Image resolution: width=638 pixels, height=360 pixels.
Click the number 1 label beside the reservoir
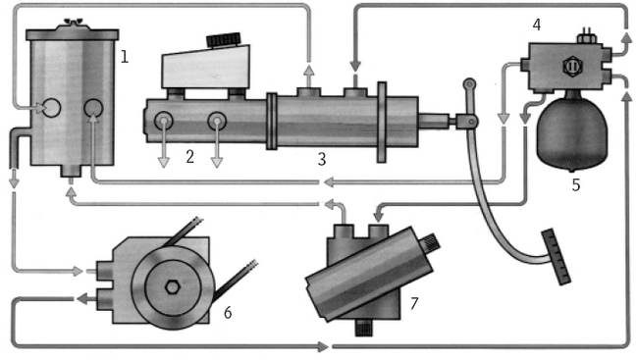point(125,56)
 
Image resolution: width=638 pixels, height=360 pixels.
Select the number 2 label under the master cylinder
point(189,157)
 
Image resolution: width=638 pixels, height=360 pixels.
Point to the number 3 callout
point(322,159)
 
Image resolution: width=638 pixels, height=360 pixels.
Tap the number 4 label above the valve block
point(537,25)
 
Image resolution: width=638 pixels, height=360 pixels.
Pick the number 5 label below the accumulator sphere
point(576,185)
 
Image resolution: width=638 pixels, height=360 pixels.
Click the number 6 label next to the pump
point(228,312)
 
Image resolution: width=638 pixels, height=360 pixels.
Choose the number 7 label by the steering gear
point(414,303)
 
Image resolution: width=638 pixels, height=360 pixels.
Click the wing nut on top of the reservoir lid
point(73,22)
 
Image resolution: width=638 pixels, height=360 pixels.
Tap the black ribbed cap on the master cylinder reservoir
point(224,39)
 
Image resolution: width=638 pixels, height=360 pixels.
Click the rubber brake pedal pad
point(557,257)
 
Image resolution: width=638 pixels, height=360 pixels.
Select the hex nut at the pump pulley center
point(173,287)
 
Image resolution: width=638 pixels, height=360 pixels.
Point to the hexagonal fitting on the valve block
point(572,67)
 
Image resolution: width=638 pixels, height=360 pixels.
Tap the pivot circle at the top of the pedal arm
point(469,84)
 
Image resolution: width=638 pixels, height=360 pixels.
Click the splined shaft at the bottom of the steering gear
point(364,328)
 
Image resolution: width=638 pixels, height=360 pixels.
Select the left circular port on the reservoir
point(51,108)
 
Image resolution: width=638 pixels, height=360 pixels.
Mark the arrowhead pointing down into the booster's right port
point(355,65)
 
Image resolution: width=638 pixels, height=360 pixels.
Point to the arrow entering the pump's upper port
point(79,271)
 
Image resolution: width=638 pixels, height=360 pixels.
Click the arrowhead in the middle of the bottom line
point(324,347)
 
